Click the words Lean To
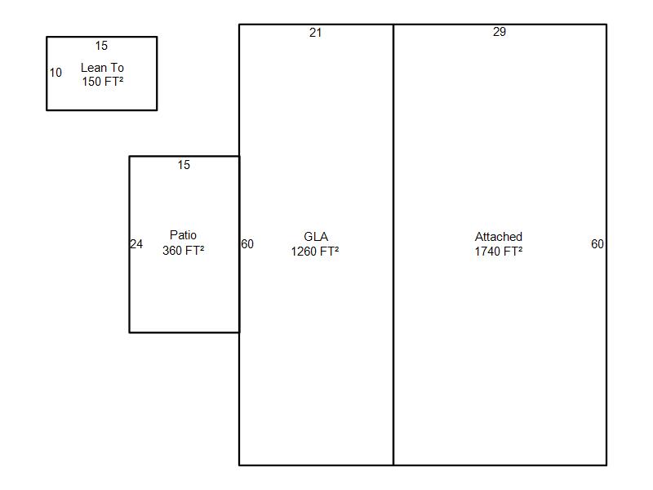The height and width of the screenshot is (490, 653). [x=102, y=68]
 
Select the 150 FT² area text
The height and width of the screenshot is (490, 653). [x=102, y=82]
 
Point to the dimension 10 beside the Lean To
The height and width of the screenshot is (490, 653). [x=56, y=73]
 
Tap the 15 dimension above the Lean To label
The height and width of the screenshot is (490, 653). [x=101, y=46]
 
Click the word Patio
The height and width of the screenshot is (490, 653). [x=183, y=235]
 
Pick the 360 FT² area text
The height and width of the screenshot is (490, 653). [x=183, y=251]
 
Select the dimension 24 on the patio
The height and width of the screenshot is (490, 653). [x=136, y=244]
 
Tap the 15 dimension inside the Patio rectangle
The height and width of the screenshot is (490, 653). [x=184, y=165]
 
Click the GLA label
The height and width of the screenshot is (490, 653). [x=316, y=237]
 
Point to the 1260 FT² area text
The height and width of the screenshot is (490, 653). [x=315, y=252]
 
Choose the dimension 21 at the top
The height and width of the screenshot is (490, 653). [x=316, y=33]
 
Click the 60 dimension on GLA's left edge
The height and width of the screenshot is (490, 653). [x=247, y=244]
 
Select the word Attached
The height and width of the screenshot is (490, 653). [x=499, y=237]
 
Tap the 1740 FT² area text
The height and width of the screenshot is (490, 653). [x=499, y=252]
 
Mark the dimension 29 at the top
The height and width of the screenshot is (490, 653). [x=500, y=32]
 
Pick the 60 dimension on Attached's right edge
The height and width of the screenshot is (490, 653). [x=597, y=244]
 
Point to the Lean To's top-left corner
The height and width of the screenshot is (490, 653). [x=47, y=37]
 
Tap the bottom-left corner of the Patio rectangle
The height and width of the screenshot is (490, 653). [x=129, y=332]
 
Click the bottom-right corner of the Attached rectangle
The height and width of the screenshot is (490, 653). [x=606, y=465]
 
